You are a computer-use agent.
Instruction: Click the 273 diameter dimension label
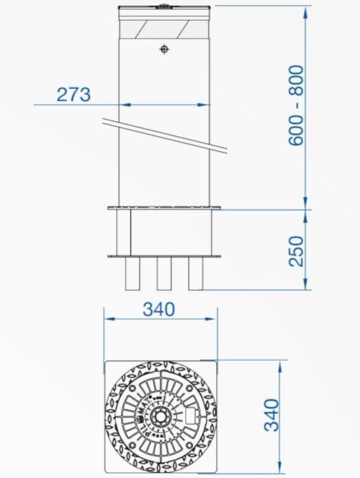pyautogui.click(x=74, y=95)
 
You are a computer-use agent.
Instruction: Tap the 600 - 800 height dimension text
pyautogui.click(x=296, y=106)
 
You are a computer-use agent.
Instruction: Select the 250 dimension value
pyautogui.click(x=296, y=251)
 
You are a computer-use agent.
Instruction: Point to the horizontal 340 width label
pyautogui.click(x=159, y=309)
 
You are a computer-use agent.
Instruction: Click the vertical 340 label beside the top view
pyautogui.click(x=272, y=414)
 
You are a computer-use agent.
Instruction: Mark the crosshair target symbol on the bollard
pyautogui.click(x=164, y=49)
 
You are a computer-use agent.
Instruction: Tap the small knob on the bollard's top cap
pyautogui.click(x=163, y=7)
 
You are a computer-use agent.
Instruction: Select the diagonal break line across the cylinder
pyautogui.click(x=164, y=136)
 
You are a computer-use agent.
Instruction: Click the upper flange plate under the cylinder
pyautogui.click(x=164, y=209)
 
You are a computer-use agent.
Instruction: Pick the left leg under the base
pyautogui.click(x=133, y=274)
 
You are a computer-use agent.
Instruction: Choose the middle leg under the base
pyautogui.click(x=164, y=274)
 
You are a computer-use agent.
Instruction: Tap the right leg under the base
pyautogui.click(x=196, y=274)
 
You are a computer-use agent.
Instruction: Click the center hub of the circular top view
pyautogui.click(x=161, y=416)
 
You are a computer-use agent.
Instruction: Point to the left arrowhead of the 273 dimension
pyautogui.click(x=122, y=105)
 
